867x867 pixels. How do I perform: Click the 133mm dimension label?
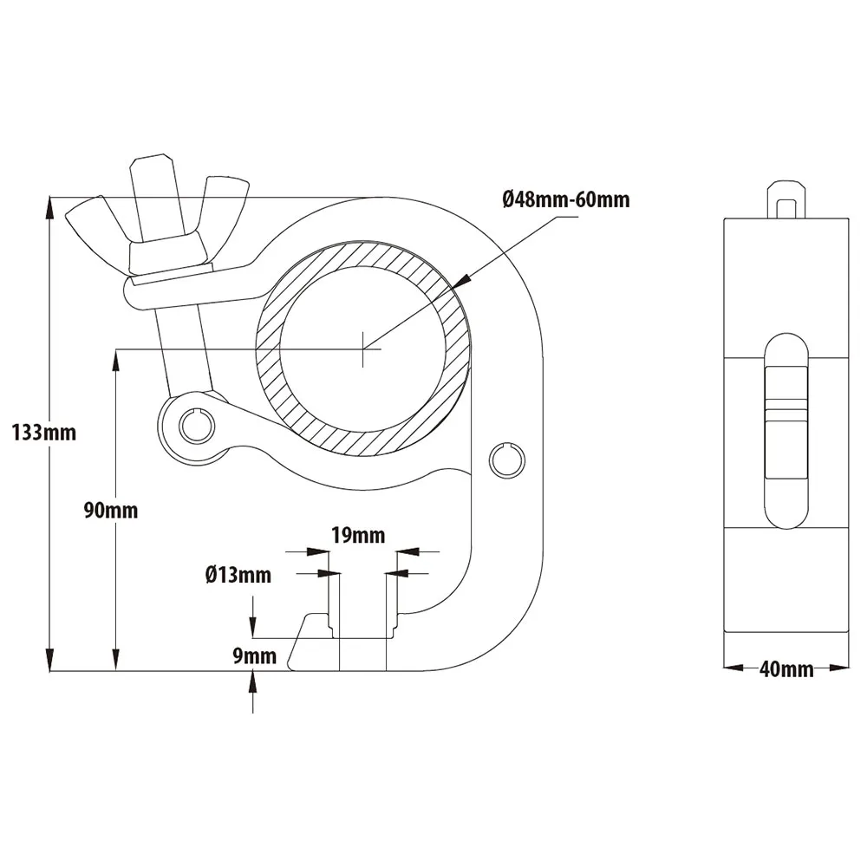43,432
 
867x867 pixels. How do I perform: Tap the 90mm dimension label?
110,510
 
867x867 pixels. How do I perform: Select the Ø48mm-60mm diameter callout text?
565,200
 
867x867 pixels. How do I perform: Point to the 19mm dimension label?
358,535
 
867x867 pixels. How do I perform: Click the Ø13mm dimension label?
238,574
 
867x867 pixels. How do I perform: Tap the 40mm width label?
786,668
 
